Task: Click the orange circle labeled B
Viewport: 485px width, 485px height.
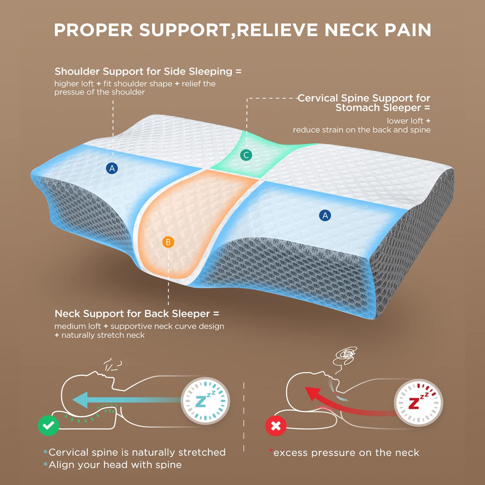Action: (168, 242)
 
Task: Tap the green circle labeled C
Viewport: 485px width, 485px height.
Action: (246, 155)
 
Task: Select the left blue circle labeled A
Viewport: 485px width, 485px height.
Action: (112, 168)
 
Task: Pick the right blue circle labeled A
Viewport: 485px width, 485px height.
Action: (325, 216)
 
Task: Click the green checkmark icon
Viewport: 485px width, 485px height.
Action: (48, 426)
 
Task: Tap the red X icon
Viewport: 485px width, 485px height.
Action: (276, 426)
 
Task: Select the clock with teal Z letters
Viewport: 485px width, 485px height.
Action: (205, 401)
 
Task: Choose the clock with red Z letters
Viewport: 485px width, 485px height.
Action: (418, 403)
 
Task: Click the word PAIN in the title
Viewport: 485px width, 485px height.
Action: (408, 30)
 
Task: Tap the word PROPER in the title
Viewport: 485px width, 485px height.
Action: (93, 30)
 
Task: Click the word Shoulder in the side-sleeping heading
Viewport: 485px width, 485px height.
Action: (77, 72)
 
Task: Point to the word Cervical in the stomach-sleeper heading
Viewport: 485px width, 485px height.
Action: (318, 98)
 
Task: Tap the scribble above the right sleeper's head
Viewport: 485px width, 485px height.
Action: (346, 355)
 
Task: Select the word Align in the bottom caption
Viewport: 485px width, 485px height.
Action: (59, 465)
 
